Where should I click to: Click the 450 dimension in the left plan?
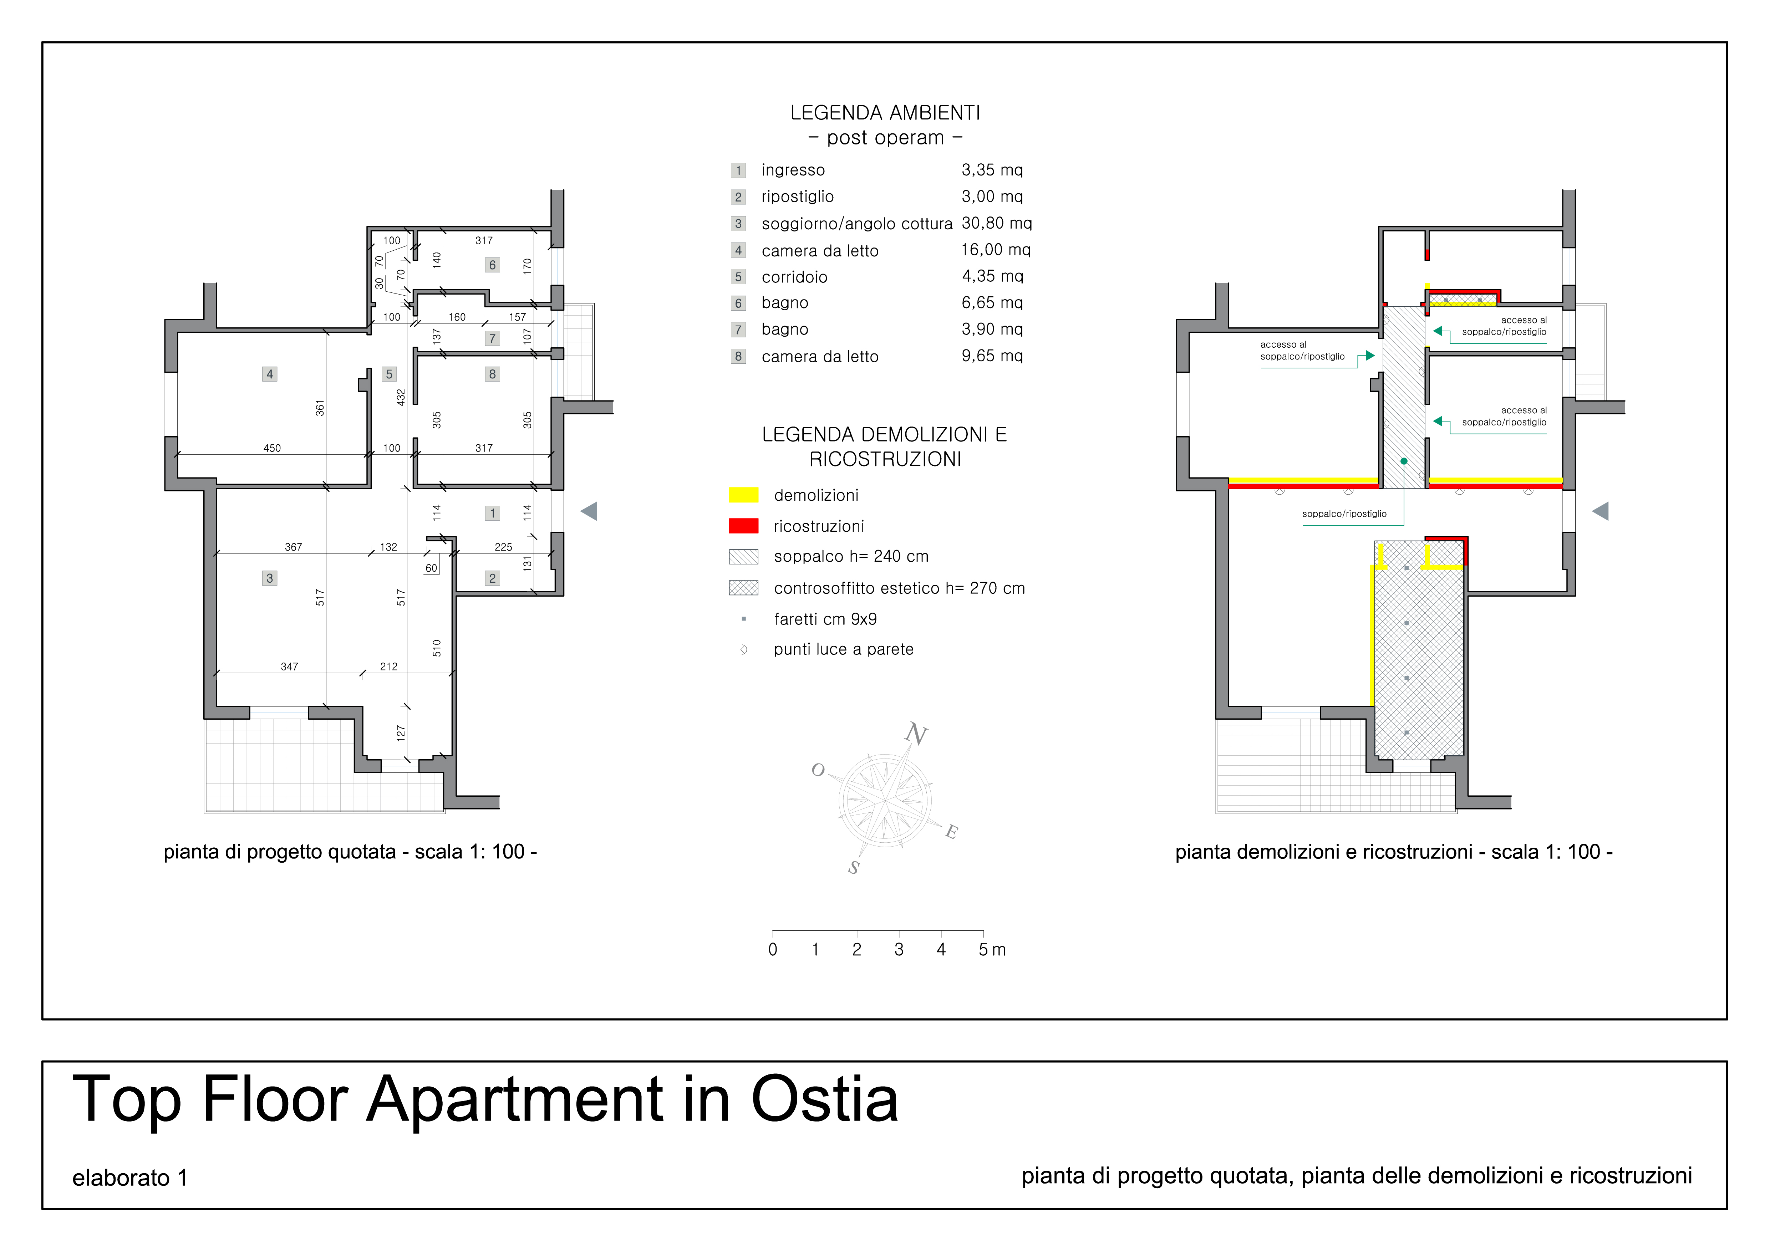(x=272, y=448)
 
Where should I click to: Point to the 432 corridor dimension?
(x=401, y=397)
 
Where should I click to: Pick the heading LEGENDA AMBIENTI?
(x=885, y=113)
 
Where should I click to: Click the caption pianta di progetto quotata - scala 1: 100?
(x=350, y=852)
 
